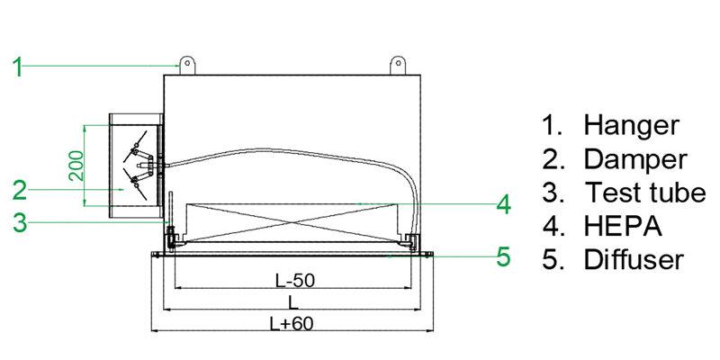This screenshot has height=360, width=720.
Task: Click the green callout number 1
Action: coord(19,65)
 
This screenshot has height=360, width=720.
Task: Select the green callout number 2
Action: coord(19,190)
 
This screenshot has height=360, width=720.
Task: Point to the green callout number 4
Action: coord(503,204)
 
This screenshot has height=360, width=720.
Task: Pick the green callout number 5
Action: coord(503,256)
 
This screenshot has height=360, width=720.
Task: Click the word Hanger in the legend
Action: coord(631,125)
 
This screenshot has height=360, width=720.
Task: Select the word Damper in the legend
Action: coord(635,159)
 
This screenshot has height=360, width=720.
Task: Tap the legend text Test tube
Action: coord(644,193)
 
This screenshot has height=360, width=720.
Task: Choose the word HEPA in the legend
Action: coord(622,226)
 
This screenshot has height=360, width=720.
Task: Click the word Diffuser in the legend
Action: coord(634,259)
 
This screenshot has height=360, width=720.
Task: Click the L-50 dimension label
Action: coord(294,280)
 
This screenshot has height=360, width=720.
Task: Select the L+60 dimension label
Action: coord(294,323)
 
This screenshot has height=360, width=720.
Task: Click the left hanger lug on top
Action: coord(187,65)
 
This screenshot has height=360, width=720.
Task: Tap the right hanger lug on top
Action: coord(397,65)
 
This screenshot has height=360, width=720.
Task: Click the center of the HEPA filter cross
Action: coord(293,224)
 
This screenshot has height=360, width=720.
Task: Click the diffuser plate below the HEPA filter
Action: coord(293,256)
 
